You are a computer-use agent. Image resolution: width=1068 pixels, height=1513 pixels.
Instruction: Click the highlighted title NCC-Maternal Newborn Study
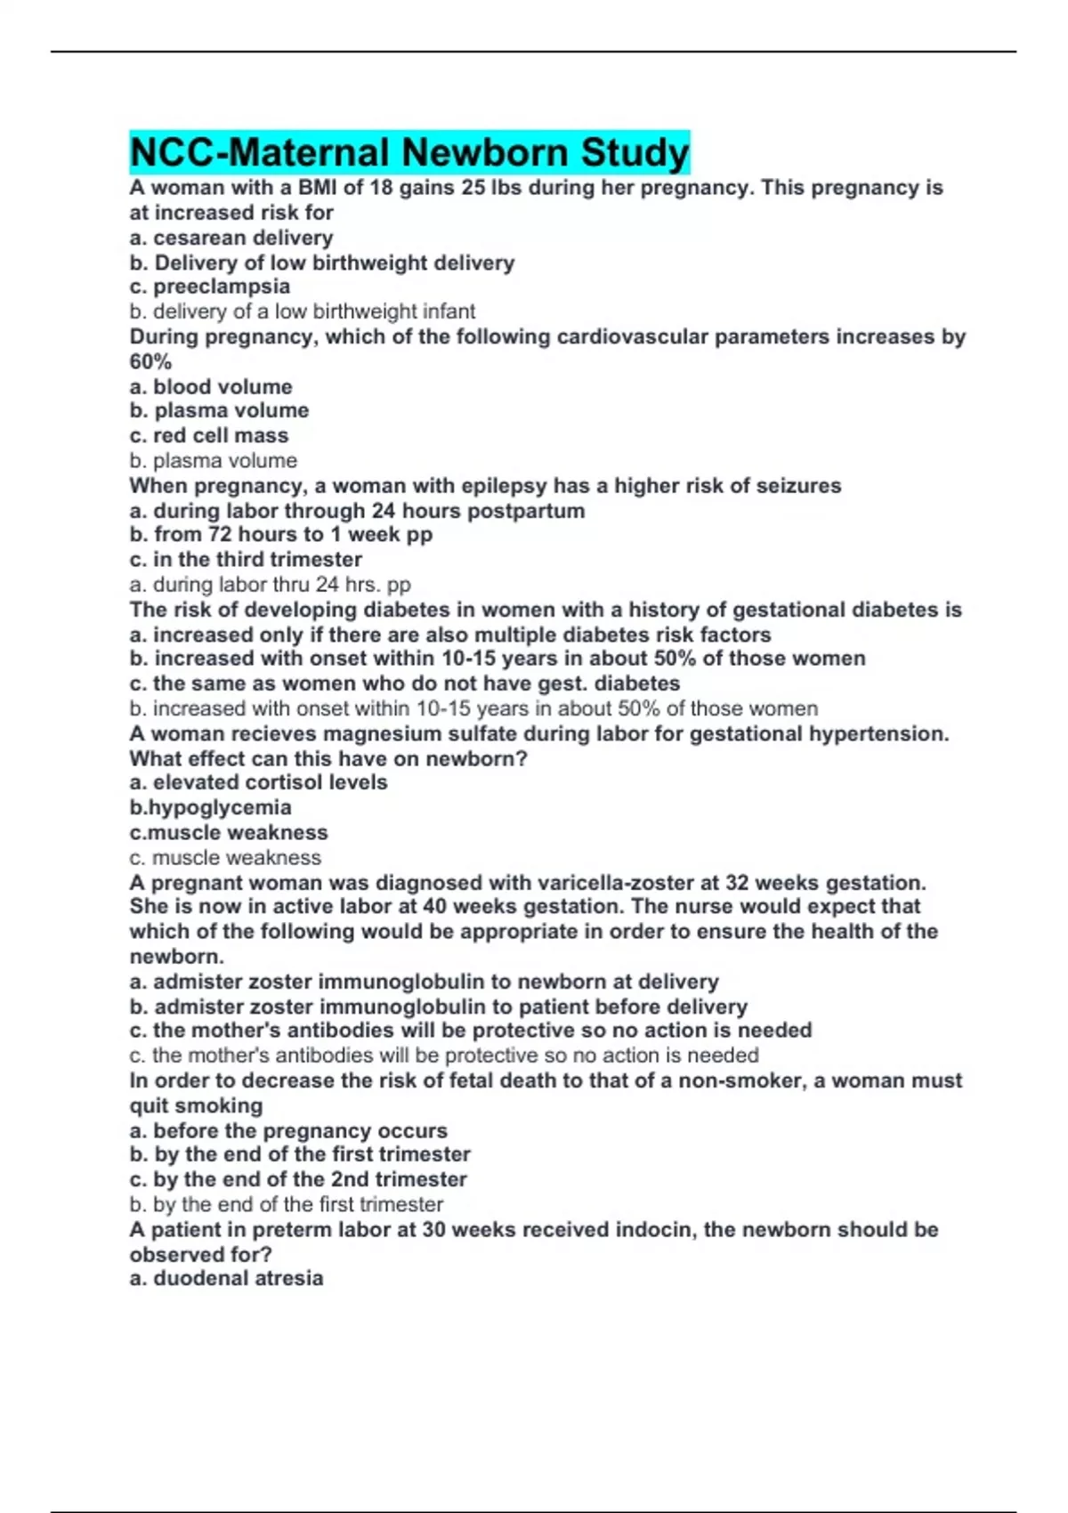point(409,152)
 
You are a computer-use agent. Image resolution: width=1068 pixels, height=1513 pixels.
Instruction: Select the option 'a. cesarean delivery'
point(231,238)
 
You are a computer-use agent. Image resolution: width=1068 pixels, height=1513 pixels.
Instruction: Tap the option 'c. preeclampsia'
point(210,287)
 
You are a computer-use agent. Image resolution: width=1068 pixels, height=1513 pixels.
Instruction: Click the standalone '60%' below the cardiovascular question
point(150,361)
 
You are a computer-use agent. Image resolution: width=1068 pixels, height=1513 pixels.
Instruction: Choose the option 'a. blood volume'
point(211,386)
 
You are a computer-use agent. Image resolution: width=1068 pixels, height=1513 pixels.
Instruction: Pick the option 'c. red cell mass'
point(209,435)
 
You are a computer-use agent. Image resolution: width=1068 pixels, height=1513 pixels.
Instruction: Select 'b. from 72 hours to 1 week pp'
point(281,535)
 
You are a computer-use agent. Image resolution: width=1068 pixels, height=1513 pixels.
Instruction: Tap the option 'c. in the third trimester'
point(246,560)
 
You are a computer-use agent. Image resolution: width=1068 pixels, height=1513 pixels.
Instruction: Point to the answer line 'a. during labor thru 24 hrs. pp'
point(270,585)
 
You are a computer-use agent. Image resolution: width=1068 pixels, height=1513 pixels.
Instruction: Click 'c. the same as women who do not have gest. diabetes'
point(405,684)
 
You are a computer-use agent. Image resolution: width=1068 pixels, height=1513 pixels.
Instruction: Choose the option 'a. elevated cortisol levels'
point(259,782)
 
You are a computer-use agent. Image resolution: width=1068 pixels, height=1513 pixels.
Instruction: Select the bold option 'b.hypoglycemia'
point(211,807)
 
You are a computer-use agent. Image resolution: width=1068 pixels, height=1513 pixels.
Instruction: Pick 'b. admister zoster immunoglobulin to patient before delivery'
point(439,1007)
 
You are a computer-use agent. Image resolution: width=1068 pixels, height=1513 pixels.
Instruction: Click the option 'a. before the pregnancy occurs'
point(288,1130)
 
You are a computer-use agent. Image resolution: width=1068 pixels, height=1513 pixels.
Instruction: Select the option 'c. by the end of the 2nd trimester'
point(298,1179)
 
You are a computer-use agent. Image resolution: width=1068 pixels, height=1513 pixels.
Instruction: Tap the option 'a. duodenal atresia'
point(226,1278)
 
